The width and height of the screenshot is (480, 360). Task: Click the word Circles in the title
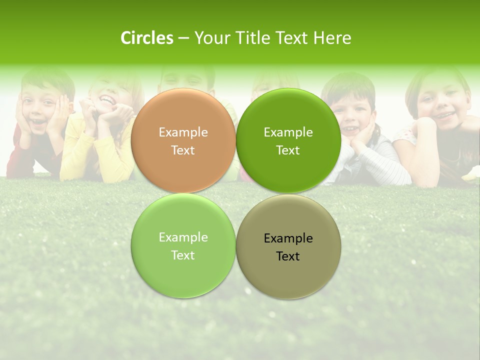(x=147, y=38)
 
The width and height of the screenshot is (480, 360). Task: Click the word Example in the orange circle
(x=183, y=132)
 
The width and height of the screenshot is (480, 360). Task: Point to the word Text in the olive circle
(x=288, y=256)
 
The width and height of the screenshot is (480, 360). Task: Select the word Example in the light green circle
(x=183, y=237)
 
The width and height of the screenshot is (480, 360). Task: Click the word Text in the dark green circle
(x=288, y=150)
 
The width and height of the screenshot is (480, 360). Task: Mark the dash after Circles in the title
(x=183, y=38)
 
